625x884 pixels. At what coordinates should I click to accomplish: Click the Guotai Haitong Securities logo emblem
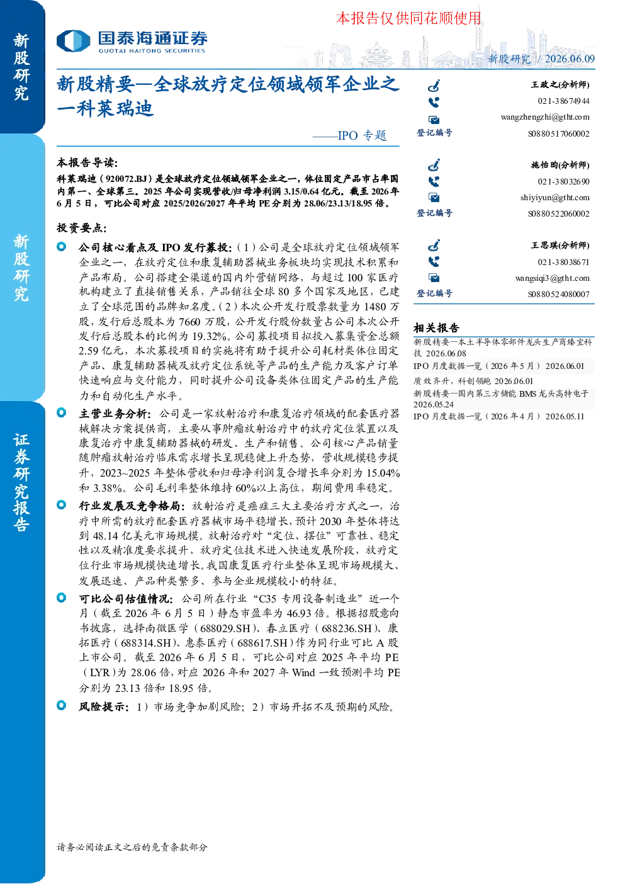pyautogui.click(x=74, y=41)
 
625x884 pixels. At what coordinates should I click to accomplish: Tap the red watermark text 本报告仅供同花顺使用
pyautogui.click(x=408, y=18)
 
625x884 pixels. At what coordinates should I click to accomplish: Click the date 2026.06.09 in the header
pyautogui.click(x=570, y=59)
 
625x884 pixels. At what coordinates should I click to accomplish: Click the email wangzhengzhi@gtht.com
pyautogui.click(x=545, y=117)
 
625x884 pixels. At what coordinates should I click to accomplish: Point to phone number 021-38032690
pyautogui.click(x=563, y=181)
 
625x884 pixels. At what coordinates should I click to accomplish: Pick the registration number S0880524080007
pyautogui.click(x=559, y=294)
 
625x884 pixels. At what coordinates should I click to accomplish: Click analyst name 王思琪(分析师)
pyautogui.click(x=560, y=246)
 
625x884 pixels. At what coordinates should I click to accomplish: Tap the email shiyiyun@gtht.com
pyautogui.click(x=555, y=198)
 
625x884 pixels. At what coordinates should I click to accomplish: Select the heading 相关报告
pyautogui.click(x=436, y=328)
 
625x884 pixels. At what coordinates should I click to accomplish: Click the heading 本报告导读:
pyautogui.click(x=87, y=162)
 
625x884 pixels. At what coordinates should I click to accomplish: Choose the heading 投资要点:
pyautogui.click(x=81, y=228)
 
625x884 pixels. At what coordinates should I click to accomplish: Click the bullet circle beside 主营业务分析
pyautogui.click(x=62, y=413)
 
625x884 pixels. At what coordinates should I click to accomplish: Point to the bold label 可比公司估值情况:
pyautogui.click(x=126, y=599)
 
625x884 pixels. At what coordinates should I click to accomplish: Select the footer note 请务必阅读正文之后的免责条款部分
pyautogui.click(x=132, y=847)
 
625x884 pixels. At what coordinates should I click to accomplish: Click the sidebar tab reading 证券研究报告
pyautogui.click(x=21, y=482)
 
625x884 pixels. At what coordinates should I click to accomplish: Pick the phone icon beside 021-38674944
pyautogui.click(x=434, y=102)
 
